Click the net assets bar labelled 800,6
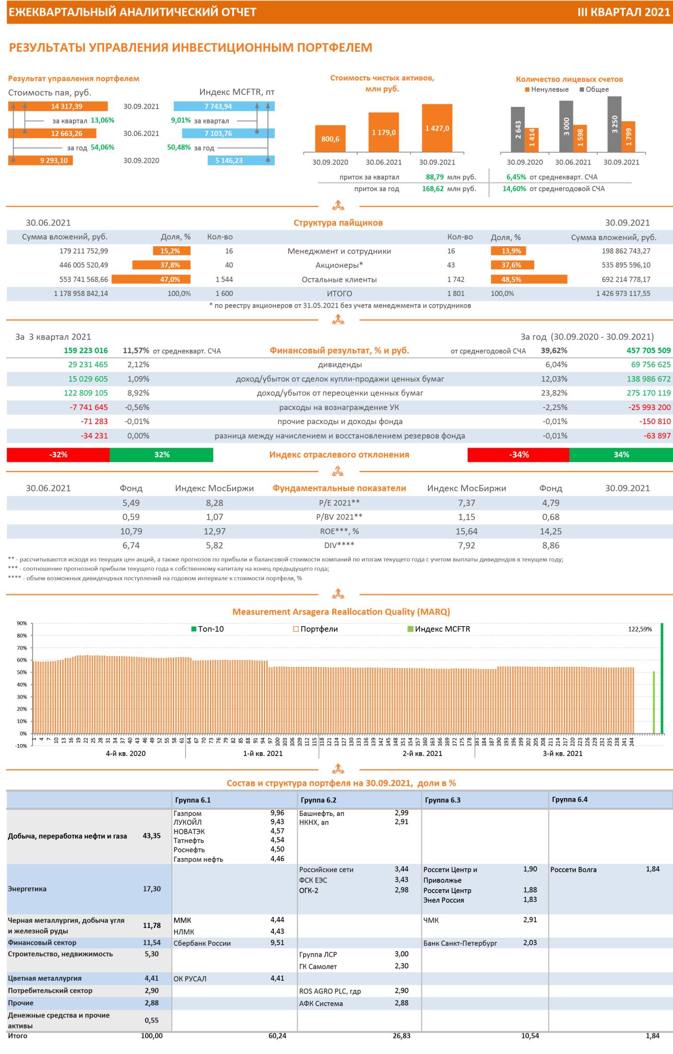(x=330, y=139)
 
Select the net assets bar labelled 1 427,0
(x=437, y=128)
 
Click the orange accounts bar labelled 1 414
(x=532, y=140)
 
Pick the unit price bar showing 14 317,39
(x=58, y=106)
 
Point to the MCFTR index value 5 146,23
(x=241, y=160)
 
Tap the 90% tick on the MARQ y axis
(x=22, y=623)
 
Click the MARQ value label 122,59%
(x=639, y=629)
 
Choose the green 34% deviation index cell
(x=621, y=455)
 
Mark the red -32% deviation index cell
(x=58, y=455)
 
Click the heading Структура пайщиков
(x=338, y=223)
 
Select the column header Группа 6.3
(x=442, y=800)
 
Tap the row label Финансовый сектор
(x=42, y=942)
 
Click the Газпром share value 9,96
(x=277, y=813)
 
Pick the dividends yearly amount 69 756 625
(x=651, y=365)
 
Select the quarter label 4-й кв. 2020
(x=125, y=753)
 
